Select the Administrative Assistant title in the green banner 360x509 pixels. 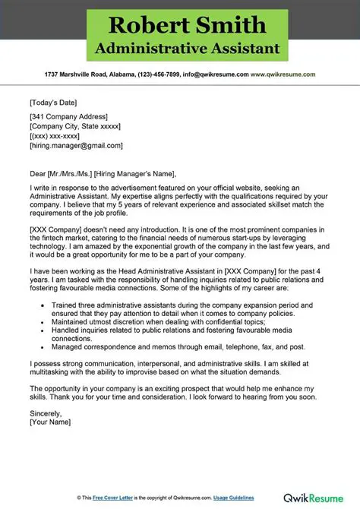click(x=179, y=49)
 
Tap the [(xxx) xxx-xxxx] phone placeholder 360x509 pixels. click(x=56, y=135)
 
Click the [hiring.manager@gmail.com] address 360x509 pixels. click(x=76, y=145)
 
